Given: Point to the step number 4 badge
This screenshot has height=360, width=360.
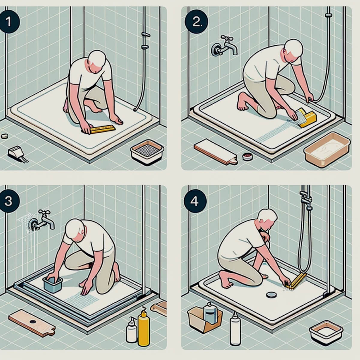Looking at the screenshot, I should tap(194, 201).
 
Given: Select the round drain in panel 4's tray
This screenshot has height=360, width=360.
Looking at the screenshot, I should tap(271, 295).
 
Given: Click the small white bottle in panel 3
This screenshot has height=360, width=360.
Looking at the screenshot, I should tap(131, 332).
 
